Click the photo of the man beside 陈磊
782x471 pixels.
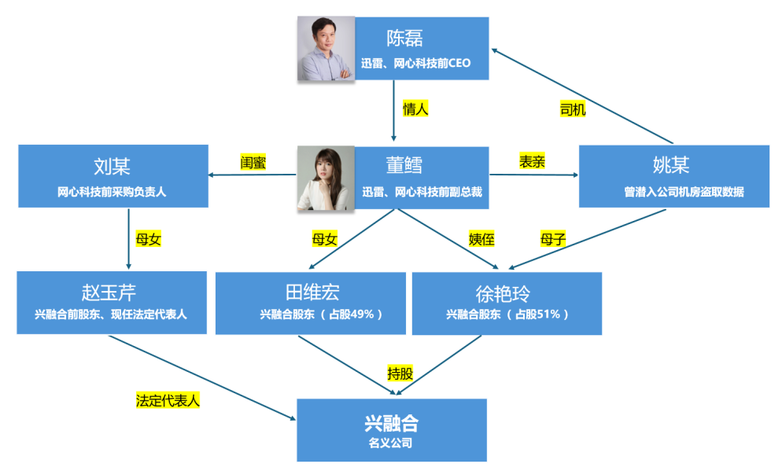click(326, 49)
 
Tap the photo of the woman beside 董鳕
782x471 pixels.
click(326, 179)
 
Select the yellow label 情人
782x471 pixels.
click(415, 109)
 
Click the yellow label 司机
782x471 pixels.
click(573, 110)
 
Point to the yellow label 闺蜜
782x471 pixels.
click(253, 163)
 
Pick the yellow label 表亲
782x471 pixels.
click(533, 161)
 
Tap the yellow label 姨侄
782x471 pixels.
click(481, 240)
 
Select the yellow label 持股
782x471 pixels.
click(400, 373)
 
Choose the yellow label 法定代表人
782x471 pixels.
click(168, 399)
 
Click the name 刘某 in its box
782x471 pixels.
click(112, 167)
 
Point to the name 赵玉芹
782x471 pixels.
click(109, 293)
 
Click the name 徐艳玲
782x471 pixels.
click(504, 294)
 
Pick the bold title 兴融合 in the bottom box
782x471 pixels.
click(391, 423)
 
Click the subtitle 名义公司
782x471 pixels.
click(390, 443)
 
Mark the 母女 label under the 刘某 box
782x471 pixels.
click(149, 239)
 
